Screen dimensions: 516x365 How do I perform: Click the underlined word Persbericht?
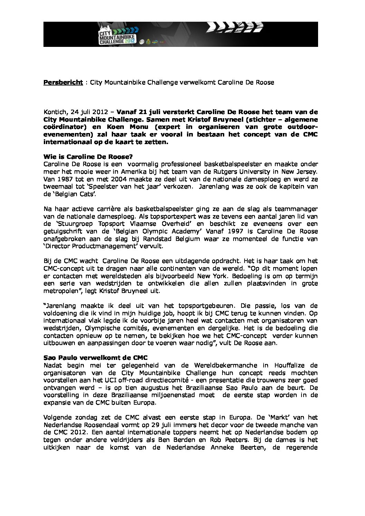[63, 82]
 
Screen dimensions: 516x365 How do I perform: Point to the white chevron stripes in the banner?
[235, 28]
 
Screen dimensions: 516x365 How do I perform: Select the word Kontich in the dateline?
[56, 112]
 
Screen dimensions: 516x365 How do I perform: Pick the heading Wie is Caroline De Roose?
[88, 157]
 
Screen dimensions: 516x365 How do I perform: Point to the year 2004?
[119, 179]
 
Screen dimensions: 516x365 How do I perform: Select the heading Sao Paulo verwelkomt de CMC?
[96, 358]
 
